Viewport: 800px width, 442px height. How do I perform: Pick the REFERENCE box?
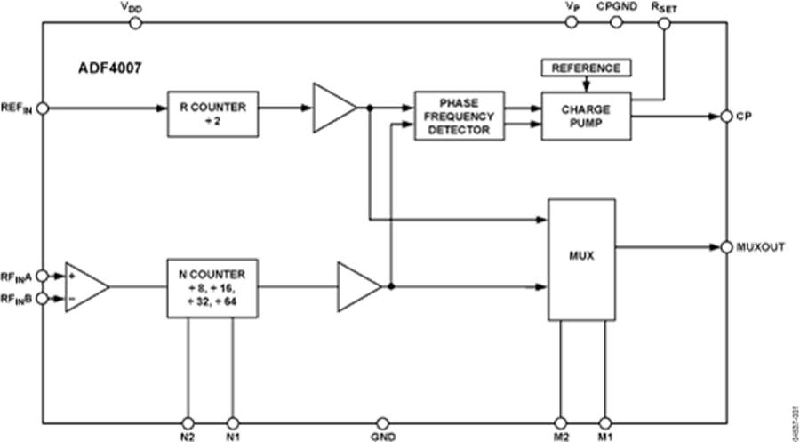585,68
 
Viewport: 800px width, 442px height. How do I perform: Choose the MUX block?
581,260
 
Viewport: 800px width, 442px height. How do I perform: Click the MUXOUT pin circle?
726,246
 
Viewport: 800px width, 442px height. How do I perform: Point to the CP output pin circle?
726,117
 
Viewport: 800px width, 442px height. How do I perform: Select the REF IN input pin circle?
41,108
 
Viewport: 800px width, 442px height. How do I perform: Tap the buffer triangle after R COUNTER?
332,108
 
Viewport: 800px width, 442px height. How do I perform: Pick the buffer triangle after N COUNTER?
357,286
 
